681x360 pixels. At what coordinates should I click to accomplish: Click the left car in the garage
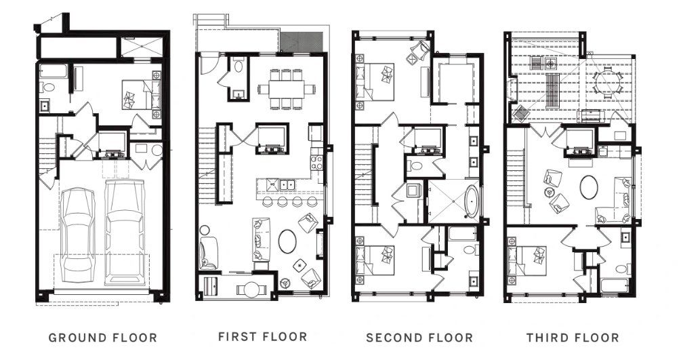point(79,234)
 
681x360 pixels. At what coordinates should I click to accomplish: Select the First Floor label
point(262,336)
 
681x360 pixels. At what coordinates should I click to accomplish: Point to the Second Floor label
point(419,338)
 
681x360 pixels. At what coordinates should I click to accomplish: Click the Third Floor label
point(573,338)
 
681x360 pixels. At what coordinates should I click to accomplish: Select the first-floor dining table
point(285,89)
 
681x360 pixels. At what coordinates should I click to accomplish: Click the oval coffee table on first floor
point(288,241)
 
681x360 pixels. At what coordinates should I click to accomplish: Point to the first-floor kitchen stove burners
point(316,162)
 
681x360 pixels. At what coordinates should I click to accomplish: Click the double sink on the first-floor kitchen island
point(282,184)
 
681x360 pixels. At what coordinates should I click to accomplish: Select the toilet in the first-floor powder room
point(239,66)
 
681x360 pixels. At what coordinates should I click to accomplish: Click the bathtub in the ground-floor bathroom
point(51,70)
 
